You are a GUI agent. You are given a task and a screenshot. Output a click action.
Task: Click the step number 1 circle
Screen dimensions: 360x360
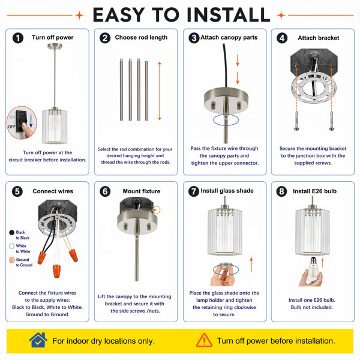[18, 38]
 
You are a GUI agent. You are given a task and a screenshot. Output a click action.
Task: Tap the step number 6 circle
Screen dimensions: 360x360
[105, 191]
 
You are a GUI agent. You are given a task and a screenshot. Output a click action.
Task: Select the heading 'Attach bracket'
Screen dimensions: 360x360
[318, 38]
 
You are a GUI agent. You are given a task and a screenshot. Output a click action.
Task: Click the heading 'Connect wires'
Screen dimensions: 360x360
[53, 191]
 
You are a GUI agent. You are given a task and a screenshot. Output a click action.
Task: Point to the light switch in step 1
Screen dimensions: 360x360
[20, 121]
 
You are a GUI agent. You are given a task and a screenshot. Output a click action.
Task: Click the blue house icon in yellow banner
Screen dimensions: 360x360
[38, 340]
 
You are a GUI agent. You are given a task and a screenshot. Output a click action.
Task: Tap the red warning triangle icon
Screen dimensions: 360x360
[204, 340]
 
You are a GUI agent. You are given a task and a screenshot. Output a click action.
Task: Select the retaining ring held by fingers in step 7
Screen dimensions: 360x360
[226, 268]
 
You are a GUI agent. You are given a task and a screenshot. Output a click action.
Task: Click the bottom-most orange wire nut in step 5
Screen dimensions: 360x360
[56, 271]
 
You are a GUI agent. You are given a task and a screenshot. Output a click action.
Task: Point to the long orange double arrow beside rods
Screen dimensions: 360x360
[160, 91]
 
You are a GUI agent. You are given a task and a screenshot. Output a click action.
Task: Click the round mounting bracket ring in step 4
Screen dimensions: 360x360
[313, 88]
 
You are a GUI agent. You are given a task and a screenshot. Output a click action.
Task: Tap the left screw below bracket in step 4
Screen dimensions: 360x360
[296, 121]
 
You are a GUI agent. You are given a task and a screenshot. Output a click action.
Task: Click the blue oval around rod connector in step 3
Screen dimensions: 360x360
[226, 120]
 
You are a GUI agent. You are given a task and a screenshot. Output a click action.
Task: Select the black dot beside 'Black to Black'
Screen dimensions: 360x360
[12, 233]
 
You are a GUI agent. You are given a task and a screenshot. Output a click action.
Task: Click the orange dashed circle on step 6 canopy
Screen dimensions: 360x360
[157, 210]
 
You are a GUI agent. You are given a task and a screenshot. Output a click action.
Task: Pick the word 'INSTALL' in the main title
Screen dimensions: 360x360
[229, 15]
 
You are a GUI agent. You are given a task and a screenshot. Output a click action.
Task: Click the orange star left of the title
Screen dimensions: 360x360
[79, 15]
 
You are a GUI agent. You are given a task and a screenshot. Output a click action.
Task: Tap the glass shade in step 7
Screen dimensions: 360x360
[225, 231]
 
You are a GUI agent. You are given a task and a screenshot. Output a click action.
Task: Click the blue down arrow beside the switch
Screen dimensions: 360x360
[31, 121]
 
